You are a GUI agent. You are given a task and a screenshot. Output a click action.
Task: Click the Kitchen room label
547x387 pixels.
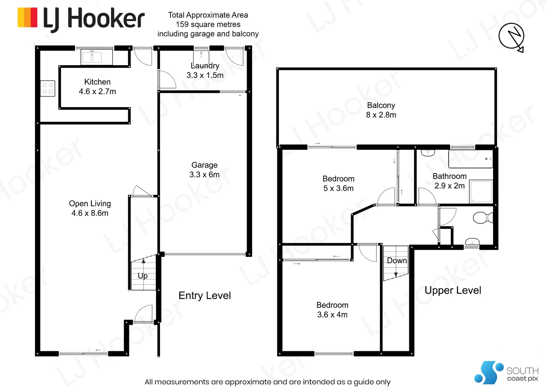(x=97, y=82)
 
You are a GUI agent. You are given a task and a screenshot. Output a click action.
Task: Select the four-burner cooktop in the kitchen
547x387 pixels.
(x=48, y=88)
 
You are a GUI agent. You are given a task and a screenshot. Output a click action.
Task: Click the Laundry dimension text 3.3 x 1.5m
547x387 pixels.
(x=205, y=75)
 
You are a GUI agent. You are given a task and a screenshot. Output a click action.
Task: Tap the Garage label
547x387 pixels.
(x=204, y=165)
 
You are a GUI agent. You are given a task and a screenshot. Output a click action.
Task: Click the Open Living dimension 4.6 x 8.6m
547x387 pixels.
(x=89, y=213)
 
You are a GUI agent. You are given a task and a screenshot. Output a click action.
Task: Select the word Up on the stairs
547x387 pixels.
(x=142, y=276)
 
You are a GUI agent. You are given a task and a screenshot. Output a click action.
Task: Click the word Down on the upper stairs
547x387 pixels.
(x=397, y=261)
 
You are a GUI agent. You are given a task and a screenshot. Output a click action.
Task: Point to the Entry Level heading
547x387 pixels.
(x=205, y=296)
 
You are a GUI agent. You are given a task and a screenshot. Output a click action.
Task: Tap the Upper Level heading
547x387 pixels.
(x=453, y=291)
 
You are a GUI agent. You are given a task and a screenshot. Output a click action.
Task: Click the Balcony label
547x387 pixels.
(x=381, y=105)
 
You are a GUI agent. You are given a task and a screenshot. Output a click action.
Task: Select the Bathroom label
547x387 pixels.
(x=449, y=176)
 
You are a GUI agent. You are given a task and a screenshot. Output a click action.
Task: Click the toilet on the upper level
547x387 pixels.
(x=483, y=218)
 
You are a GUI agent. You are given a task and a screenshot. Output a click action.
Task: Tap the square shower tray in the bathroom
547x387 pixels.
(x=481, y=191)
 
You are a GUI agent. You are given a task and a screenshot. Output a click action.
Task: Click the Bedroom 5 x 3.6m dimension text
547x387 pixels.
(x=338, y=188)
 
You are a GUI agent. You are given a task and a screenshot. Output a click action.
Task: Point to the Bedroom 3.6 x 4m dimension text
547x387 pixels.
(x=332, y=315)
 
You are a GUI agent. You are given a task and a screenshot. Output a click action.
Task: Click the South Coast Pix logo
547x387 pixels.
(x=507, y=373)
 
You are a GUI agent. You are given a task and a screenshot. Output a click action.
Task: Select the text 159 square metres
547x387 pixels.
(x=208, y=24)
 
